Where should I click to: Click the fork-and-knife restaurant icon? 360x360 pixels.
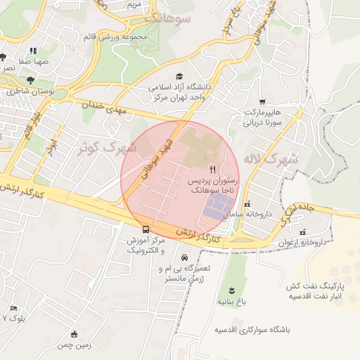pos(213,170)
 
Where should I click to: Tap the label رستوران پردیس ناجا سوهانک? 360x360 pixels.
pos(214,185)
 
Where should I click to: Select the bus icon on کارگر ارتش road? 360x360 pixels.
pos(146,229)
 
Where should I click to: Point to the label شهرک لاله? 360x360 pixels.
pos(271,158)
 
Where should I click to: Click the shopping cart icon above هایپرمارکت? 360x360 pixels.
pos(262,102)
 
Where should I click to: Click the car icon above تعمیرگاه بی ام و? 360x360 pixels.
pos(184,258)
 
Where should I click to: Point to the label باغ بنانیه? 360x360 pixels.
pos(233,302)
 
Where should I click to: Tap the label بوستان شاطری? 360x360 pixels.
pos(34,91)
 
